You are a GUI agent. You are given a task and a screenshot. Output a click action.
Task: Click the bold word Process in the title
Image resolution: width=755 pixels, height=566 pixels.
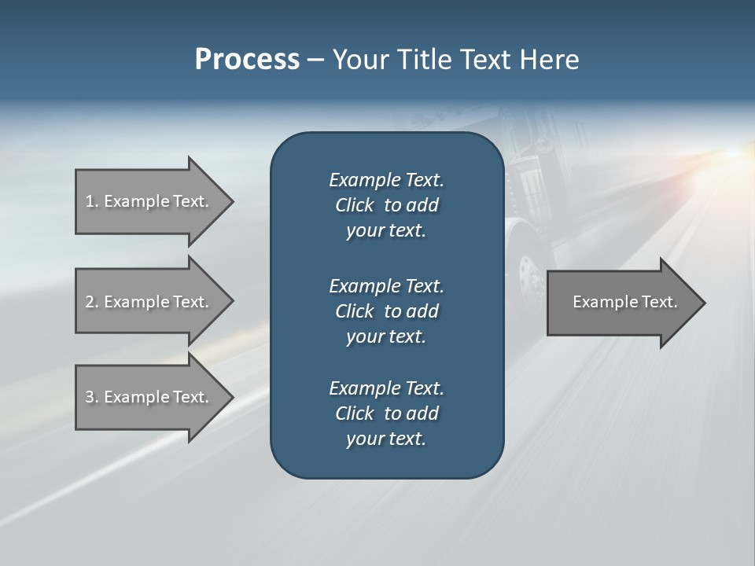247,60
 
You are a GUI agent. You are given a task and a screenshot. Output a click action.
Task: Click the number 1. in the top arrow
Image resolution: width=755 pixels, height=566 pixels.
92,201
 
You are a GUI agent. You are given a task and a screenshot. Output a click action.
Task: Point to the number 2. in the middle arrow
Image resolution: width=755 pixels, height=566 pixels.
92,302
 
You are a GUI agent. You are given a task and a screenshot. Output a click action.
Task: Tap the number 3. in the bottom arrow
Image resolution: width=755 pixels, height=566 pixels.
92,397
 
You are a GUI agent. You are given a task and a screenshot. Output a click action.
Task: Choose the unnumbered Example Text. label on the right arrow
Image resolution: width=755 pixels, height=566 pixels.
625,302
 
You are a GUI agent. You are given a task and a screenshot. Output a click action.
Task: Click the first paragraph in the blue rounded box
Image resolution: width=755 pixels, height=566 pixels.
386,205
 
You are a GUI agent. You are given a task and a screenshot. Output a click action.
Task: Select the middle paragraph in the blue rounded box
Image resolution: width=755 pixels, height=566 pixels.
386,311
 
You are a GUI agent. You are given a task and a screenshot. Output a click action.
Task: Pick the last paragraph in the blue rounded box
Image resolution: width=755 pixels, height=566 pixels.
386,413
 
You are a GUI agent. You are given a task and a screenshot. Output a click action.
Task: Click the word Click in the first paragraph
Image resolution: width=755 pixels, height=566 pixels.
354,205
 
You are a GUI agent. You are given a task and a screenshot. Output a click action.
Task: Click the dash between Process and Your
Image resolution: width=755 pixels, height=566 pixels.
315,61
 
